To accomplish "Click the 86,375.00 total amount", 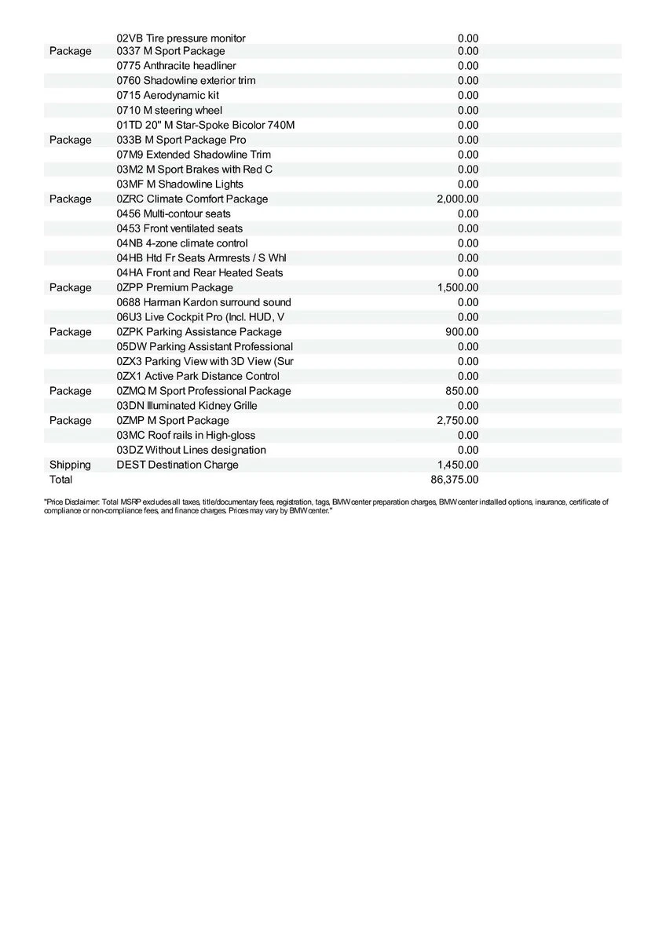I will [x=455, y=480].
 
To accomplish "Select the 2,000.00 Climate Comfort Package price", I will [x=457, y=199].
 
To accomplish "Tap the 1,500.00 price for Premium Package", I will [x=457, y=288].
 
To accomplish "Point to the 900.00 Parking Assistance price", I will [x=462, y=332].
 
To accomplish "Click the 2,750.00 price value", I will [x=457, y=421].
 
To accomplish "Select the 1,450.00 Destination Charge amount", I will [x=457, y=465].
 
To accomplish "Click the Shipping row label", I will [x=70, y=465].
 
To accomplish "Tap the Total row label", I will [x=60, y=480].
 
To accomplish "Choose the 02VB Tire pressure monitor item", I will [x=181, y=38].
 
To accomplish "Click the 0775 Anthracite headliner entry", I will [x=176, y=66].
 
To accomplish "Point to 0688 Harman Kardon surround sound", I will [x=203, y=302].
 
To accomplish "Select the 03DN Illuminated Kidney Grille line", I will [x=187, y=406].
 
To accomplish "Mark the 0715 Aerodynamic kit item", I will [x=167, y=95].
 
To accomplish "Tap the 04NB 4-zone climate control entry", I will [x=182, y=243].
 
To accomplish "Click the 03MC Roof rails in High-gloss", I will [x=185, y=436].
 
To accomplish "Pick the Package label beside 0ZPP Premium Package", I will [x=70, y=288].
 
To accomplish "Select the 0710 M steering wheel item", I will [x=169, y=110].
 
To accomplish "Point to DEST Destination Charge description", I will [x=177, y=465].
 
